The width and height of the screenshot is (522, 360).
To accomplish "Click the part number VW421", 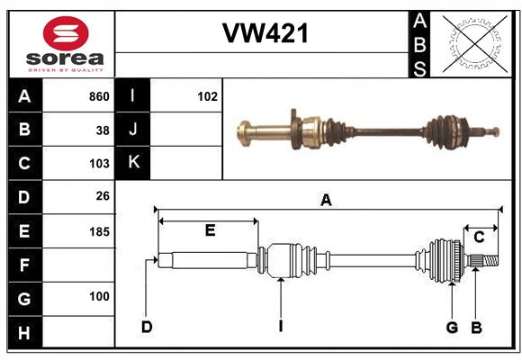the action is point(265,33).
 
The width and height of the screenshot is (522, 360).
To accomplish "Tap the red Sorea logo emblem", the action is point(66,33).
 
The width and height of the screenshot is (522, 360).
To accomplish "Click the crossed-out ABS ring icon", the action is point(475,43).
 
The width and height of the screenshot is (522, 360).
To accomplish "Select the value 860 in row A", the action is point(99,96).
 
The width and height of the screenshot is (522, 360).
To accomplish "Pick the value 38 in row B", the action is point(103,130).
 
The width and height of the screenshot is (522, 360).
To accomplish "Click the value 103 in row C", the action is point(99,164).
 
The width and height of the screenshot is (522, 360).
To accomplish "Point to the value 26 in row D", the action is point(103,196).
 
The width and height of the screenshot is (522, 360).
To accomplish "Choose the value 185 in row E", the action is point(99,231).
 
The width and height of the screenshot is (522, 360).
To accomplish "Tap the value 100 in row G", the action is point(99,296).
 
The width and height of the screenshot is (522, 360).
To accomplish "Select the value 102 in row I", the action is point(207,96).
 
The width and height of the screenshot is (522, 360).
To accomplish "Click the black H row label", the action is point(25,332).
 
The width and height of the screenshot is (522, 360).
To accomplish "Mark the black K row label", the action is point(133,163).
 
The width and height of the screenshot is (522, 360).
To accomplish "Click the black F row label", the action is point(25,265).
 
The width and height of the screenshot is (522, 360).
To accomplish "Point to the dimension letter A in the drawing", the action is point(326,201).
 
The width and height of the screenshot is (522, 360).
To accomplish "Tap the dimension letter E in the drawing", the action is point(210,230).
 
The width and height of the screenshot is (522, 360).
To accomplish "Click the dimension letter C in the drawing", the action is point(479,238).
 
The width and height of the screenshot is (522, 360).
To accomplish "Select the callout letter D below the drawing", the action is point(147,327).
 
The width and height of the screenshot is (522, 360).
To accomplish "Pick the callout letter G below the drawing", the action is point(452,328).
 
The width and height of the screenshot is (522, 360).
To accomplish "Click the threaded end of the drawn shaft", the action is point(490,261).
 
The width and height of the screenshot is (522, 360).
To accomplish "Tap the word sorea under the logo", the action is point(65,58).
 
